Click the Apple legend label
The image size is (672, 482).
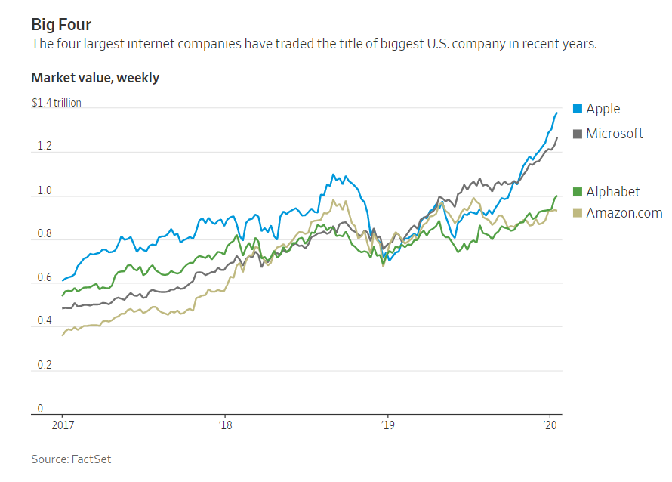[603, 109]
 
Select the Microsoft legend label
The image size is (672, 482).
[615, 134]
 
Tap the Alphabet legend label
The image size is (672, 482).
[612, 192]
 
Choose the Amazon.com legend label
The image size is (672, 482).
[624, 214]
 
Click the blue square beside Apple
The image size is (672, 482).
[578, 109]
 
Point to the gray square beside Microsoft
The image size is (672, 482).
[578, 134]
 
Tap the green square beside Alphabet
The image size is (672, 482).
[578, 192]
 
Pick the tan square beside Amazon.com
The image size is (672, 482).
[578, 214]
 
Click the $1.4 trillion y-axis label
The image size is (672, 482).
[56, 103]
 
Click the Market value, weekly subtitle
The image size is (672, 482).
[95, 78]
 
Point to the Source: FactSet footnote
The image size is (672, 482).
[71, 459]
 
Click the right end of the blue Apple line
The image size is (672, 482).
[557, 113]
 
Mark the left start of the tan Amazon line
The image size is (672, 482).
[62, 335]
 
